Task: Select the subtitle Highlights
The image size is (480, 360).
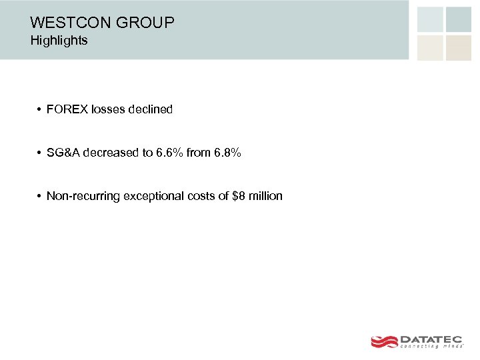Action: [59, 41]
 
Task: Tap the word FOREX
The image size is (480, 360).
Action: [67, 109]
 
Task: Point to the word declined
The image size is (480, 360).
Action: [150, 109]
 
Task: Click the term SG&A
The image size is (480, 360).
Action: [63, 153]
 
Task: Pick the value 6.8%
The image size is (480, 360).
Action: [227, 153]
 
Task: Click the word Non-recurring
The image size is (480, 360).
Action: [83, 196]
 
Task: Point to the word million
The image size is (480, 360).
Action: [265, 196]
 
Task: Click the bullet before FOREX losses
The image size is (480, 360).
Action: [39, 109]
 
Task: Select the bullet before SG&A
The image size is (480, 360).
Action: [39, 153]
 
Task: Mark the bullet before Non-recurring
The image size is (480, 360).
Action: [39, 197]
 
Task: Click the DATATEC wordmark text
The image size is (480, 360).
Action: [431, 339]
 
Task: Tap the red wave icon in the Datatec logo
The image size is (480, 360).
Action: [384, 341]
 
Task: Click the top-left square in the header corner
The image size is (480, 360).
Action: [430, 19]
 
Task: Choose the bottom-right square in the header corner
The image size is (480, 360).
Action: [459, 48]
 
